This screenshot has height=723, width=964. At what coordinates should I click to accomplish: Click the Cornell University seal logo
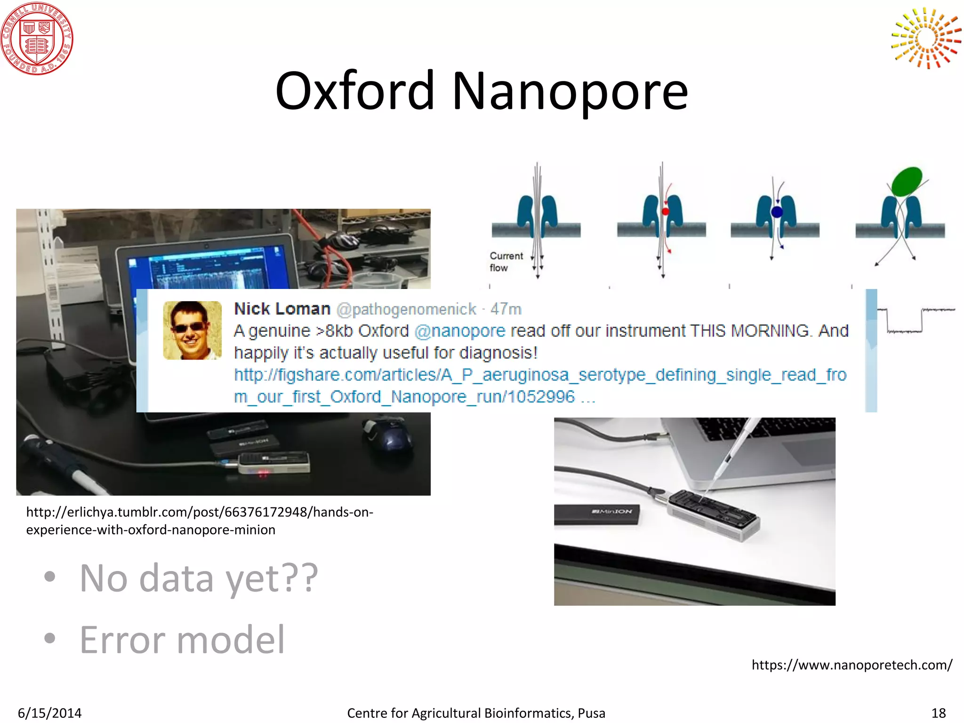[37, 38]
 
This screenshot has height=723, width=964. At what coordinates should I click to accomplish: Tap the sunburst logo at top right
[926, 38]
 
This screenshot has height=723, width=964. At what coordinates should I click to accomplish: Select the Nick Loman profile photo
[192, 330]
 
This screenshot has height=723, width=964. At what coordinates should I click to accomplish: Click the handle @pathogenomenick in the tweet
[407, 309]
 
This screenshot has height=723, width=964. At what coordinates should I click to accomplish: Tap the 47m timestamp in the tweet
[506, 309]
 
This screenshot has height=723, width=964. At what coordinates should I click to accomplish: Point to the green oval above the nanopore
[907, 181]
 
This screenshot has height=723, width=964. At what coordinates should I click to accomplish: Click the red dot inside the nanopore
[666, 211]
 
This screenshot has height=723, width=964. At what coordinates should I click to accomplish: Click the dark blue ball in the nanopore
[777, 212]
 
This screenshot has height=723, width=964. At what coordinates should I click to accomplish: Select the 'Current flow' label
[505, 262]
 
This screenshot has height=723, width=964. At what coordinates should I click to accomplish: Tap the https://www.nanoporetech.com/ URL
[852, 665]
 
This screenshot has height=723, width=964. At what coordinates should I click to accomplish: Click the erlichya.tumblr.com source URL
[200, 521]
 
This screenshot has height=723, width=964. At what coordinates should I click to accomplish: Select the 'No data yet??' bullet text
[199, 578]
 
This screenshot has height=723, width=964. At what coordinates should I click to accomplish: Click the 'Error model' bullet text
[182, 640]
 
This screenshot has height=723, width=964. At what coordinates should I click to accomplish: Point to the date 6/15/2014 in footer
[49, 713]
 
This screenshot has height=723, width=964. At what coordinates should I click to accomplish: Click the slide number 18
[938, 713]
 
